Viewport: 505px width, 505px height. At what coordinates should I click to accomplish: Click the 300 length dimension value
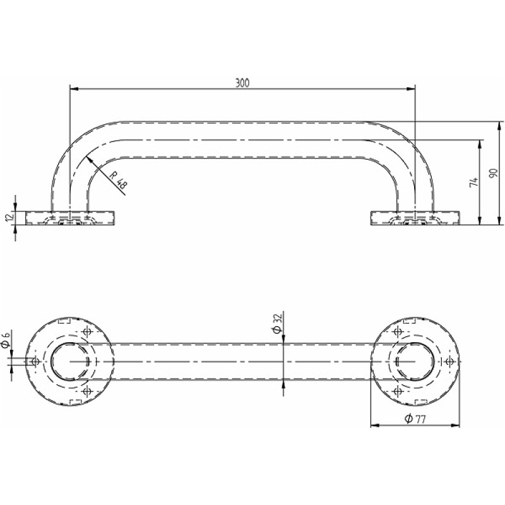click(242, 83)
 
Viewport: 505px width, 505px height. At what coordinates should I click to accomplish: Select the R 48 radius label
click(119, 180)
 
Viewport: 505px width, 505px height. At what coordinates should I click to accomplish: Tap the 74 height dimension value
click(473, 182)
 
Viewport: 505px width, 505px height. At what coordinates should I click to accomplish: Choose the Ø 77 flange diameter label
click(415, 419)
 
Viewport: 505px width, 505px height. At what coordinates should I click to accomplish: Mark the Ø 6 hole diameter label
click(6, 340)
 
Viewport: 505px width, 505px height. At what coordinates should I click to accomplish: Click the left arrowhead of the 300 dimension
click(74, 88)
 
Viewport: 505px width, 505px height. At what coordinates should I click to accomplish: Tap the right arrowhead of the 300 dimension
click(411, 88)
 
